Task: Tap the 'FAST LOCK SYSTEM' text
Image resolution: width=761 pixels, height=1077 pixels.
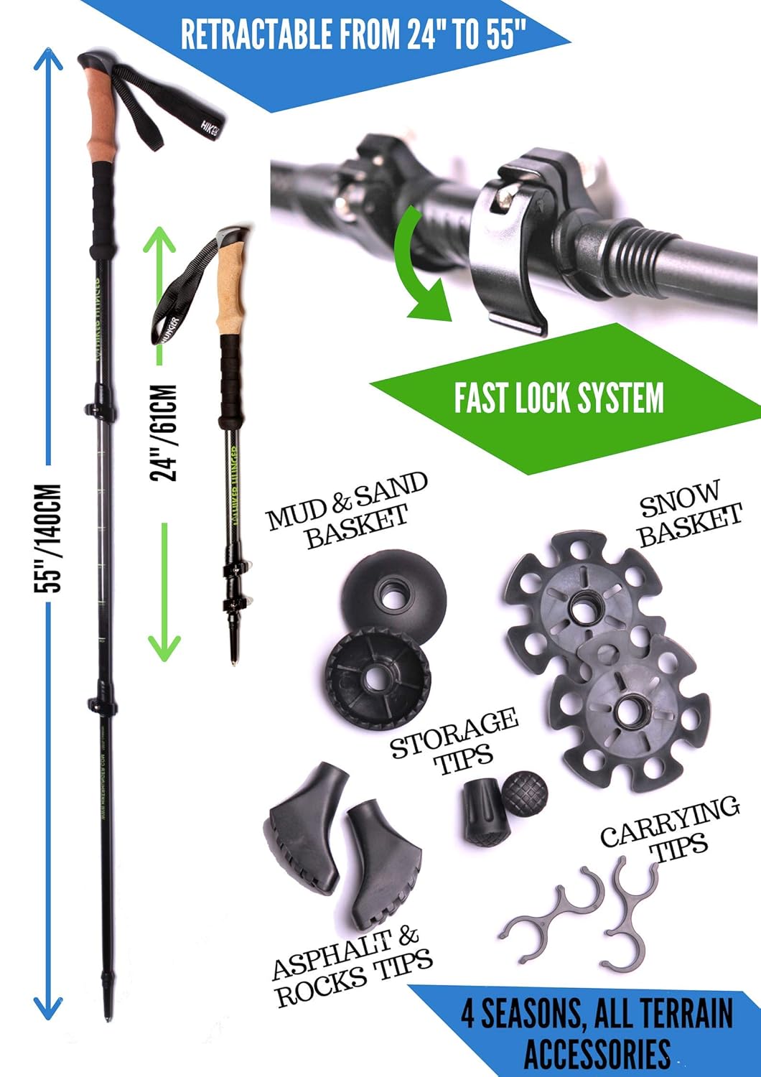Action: tap(559, 398)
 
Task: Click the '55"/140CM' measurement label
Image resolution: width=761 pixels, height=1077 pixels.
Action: tap(51, 538)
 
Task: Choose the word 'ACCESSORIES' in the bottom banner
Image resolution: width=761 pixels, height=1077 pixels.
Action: tap(597, 1054)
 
